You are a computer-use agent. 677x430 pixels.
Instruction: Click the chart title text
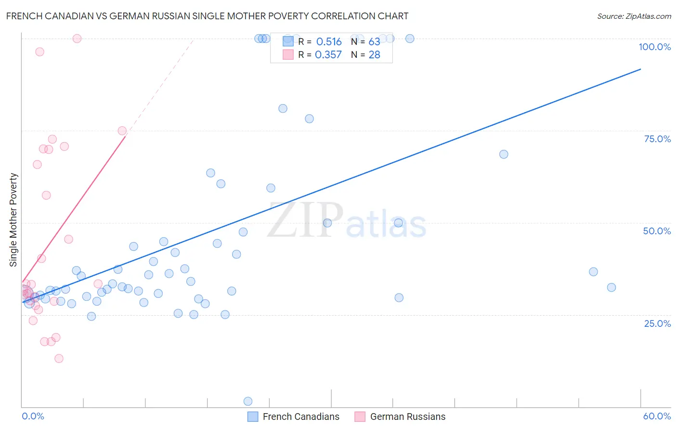coord(207,16)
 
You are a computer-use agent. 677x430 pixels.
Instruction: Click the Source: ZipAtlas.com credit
coord(634,16)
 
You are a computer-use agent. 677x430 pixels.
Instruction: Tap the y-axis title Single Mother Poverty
coord(13,220)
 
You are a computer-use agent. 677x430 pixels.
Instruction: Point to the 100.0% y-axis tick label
coord(654,47)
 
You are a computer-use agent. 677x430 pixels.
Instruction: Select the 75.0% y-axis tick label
coord(657,139)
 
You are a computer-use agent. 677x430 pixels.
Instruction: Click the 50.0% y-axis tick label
coord(657,231)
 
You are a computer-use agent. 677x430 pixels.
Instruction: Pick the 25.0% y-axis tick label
coord(657,323)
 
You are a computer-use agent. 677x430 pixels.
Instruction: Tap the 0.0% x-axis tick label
coord(33,416)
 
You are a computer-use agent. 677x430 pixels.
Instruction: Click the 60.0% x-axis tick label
coord(657,416)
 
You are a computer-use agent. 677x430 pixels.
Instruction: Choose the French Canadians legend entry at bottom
coord(294,417)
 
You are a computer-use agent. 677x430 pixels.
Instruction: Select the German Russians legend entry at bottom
coord(401,417)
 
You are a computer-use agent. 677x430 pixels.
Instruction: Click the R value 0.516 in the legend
coord(329,42)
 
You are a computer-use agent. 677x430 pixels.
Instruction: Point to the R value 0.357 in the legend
coord(328,55)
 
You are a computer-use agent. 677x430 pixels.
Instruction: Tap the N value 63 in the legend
coord(374,42)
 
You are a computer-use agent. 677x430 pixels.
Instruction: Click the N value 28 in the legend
coord(374,55)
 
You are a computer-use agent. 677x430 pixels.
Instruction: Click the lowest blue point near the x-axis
coord(248,401)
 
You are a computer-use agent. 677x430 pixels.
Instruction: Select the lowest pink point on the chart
coord(59,358)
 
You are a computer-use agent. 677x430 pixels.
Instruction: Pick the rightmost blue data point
coord(612,287)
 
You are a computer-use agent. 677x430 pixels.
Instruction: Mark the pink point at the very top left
coord(77,39)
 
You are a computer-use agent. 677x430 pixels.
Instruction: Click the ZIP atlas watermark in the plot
coord(347,221)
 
